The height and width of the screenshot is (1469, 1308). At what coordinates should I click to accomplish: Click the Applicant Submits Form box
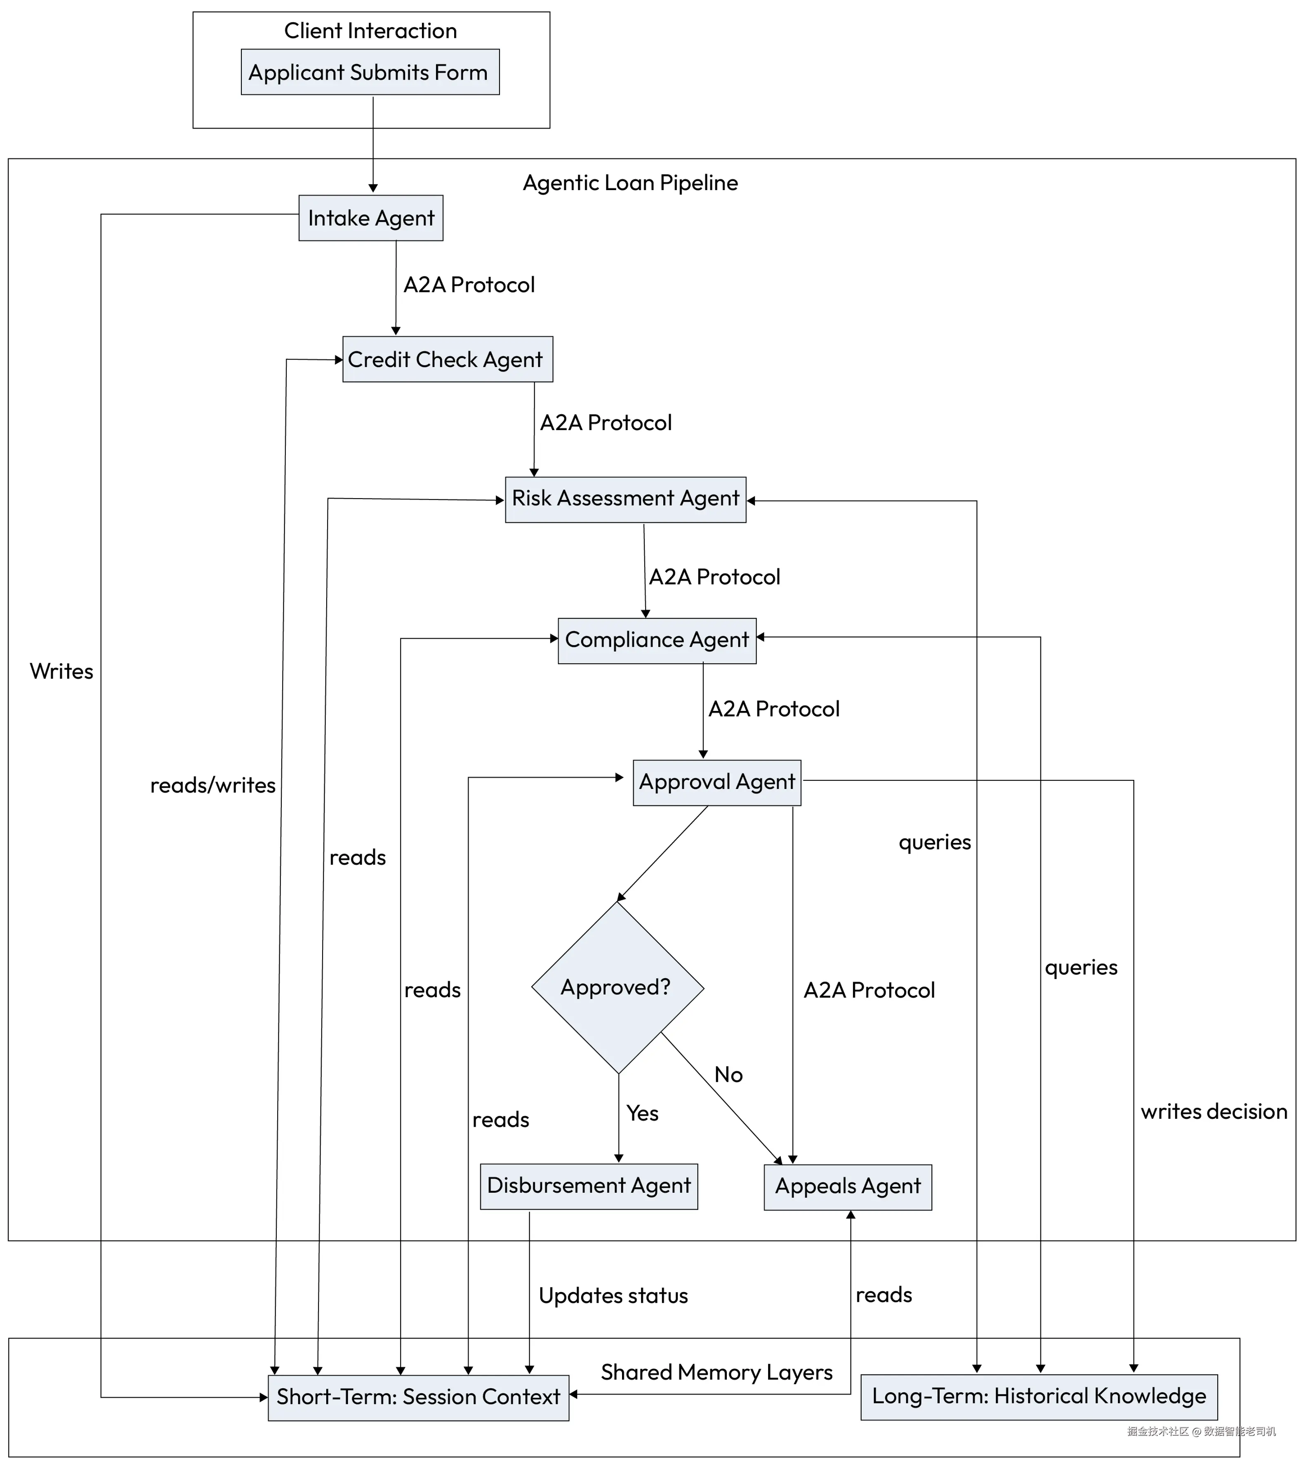[370, 72]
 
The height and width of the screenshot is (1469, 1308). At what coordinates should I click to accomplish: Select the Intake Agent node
[371, 218]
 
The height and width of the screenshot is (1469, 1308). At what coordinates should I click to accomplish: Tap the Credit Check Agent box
[447, 359]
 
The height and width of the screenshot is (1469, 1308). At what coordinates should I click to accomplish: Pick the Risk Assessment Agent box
[625, 499]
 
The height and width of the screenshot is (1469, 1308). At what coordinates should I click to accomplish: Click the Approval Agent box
[716, 783]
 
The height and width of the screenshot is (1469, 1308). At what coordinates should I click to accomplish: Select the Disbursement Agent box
[589, 1186]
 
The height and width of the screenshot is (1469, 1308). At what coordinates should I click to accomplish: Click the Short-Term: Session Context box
[418, 1398]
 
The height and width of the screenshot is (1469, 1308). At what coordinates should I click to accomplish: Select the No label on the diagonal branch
[728, 1075]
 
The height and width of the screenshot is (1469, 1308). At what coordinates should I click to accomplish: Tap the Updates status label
[613, 1296]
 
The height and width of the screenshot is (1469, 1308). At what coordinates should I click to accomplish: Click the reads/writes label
[213, 786]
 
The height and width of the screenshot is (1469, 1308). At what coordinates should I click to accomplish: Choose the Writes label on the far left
[62, 671]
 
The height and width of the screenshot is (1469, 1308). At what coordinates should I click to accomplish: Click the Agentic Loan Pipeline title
[630, 183]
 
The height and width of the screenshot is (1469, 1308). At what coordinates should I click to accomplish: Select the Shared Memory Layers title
[716, 1372]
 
